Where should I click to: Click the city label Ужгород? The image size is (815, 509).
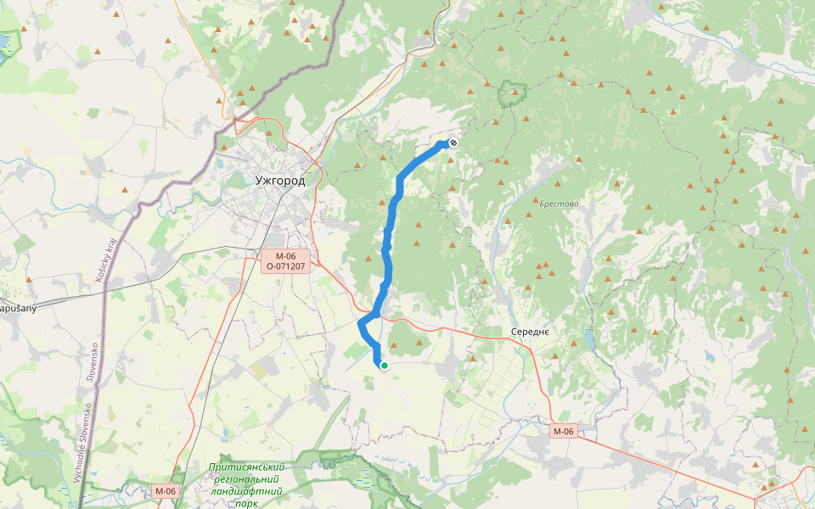tap(279, 180)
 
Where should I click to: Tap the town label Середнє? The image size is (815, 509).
tap(531, 331)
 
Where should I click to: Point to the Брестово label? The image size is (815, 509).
tap(559, 204)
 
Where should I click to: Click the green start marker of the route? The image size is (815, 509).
tap(385, 366)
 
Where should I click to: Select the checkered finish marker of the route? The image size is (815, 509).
tap(453, 143)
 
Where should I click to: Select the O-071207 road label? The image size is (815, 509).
tap(285, 266)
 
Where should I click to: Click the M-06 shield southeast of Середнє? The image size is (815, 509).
tap(564, 431)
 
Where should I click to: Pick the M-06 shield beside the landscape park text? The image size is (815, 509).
tap(166, 490)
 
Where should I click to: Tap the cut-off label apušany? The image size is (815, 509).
tap(18, 308)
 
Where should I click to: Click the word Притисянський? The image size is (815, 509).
tap(247, 467)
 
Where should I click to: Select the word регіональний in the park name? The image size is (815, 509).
tap(247, 479)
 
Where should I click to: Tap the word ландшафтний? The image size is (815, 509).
tap(247, 491)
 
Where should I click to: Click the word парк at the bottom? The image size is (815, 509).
tap(247, 503)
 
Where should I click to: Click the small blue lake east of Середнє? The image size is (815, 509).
tap(587, 341)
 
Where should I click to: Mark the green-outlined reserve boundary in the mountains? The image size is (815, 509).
tap(501, 95)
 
